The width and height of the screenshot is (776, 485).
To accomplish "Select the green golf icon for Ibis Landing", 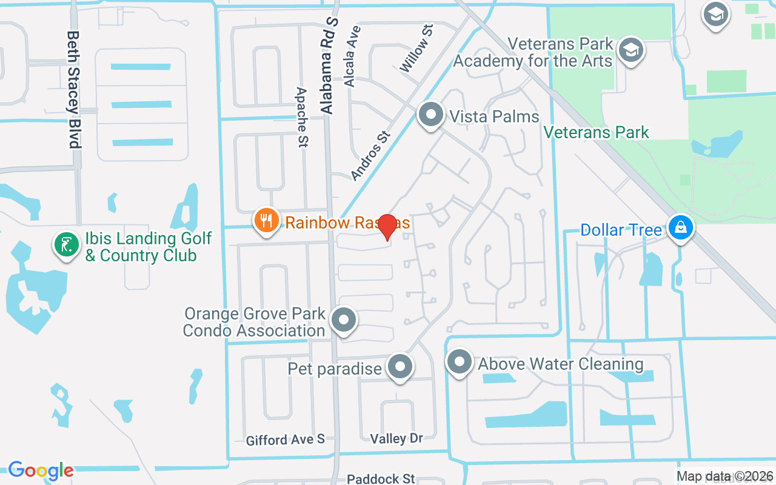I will click(67, 245).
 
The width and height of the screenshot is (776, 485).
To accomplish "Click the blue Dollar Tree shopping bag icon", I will click(681, 229).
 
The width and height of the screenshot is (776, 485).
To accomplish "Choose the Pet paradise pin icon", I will click(400, 366).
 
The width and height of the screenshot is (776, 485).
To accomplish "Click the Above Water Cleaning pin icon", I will click(459, 363).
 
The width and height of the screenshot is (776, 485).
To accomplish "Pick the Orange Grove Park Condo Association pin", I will click(344, 319).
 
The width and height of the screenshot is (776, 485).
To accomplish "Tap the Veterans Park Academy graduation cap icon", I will click(631, 51).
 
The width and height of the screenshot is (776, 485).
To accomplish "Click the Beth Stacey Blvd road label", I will click(73, 90).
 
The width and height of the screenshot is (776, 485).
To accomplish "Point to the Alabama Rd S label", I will click(329, 65).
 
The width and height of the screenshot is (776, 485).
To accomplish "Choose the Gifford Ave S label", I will click(285, 440).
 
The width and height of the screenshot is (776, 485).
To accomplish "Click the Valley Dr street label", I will click(396, 438).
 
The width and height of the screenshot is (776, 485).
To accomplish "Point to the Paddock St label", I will click(381, 479).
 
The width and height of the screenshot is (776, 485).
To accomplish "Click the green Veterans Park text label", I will click(596, 132).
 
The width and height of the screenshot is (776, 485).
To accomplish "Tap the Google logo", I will click(41, 470).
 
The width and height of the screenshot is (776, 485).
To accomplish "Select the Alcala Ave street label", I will click(352, 56).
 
